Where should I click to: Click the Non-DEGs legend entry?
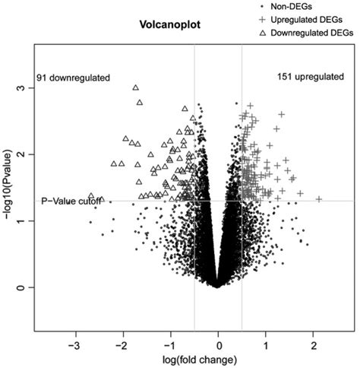pos(300,5)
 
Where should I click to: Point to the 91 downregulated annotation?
pos(74,78)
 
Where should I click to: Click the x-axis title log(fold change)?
pos(217,357)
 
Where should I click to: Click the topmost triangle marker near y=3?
pos(136,88)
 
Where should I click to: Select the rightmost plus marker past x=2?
pos(319,199)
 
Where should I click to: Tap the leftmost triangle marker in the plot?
pos(91,195)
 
